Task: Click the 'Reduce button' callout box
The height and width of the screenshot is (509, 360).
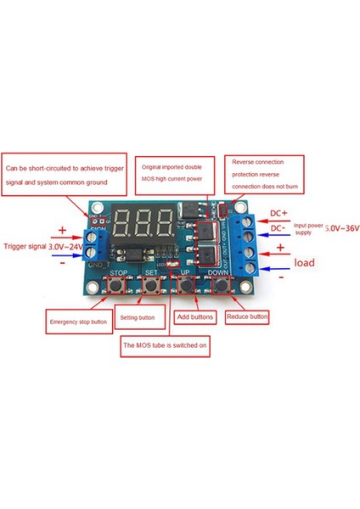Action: pos(247,316)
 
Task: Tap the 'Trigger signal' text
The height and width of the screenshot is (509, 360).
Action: pos(25,246)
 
